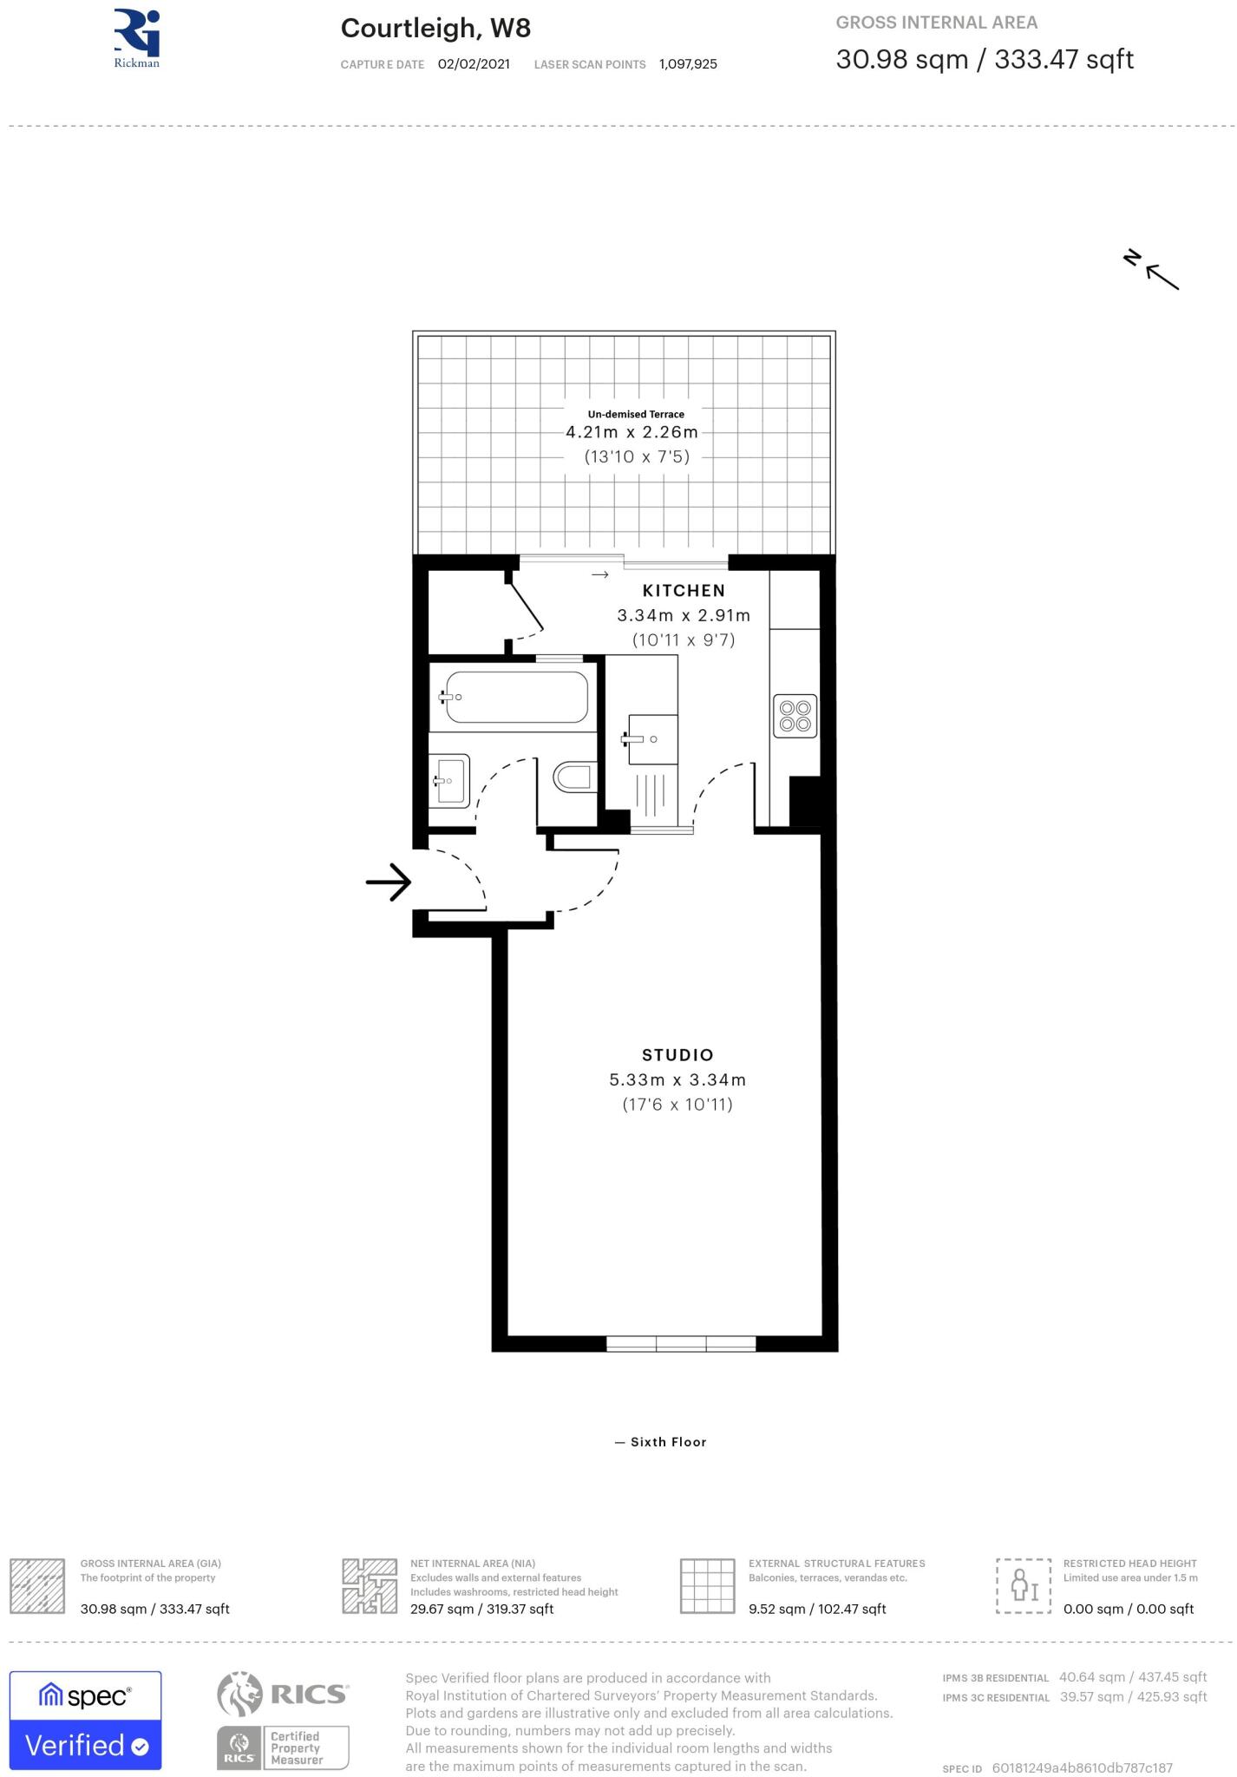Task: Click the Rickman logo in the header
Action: (137, 38)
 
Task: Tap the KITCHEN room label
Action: (684, 591)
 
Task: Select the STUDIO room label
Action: (677, 1055)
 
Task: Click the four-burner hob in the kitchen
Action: (795, 715)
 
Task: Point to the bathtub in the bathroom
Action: (517, 697)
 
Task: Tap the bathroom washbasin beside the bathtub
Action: (451, 780)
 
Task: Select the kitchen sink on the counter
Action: (651, 739)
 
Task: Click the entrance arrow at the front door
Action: (388, 882)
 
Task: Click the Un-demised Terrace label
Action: (636, 414)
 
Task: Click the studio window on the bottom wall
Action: (681, 1344)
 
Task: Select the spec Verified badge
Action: (85, 1720)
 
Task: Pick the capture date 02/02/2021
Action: (474, 64)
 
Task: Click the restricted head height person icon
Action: (1024, 1585)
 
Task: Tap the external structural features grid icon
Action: (708, 1585)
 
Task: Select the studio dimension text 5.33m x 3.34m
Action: (677, 1080)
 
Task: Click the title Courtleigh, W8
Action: (435, 29)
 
